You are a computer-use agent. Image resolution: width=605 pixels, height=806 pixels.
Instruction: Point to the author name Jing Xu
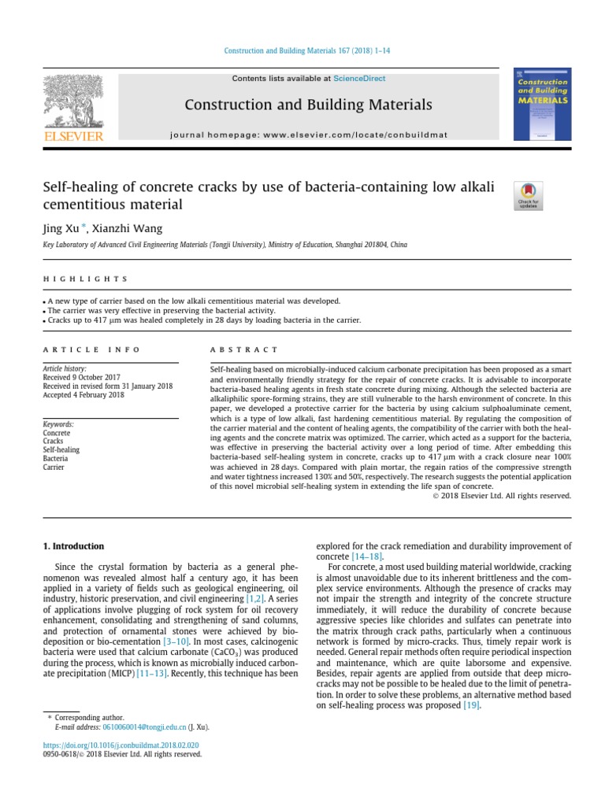pos(61,228)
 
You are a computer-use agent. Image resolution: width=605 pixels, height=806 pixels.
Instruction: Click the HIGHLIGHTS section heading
pos(84,279)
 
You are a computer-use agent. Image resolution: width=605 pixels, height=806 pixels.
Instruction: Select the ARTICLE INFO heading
pos(91,349)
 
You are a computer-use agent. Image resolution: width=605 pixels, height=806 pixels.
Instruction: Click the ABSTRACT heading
pos(244,349)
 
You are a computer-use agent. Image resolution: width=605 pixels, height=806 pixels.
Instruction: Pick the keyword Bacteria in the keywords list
pos(55,458)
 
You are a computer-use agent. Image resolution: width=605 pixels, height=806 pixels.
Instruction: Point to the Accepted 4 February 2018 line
pos(84,394)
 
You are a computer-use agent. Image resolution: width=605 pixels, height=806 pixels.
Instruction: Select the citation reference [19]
pos(471,706)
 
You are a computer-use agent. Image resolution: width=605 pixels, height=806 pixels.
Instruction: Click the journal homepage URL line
pos(309,135)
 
